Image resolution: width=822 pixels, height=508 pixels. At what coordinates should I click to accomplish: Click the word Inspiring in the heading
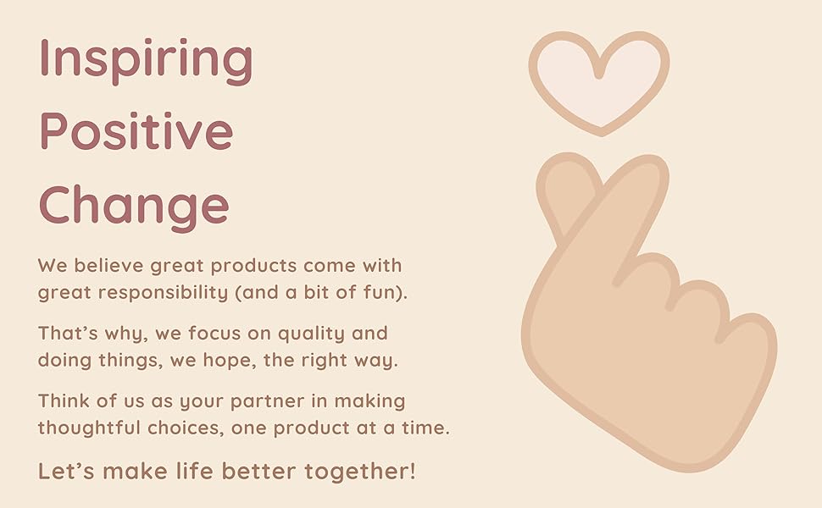[147, 60]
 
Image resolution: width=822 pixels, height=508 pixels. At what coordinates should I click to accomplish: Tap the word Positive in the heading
[136, 130]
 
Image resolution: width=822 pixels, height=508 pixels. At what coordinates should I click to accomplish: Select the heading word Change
[134, 206]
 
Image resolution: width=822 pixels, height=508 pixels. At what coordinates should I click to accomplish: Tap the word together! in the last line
[360, 472]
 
